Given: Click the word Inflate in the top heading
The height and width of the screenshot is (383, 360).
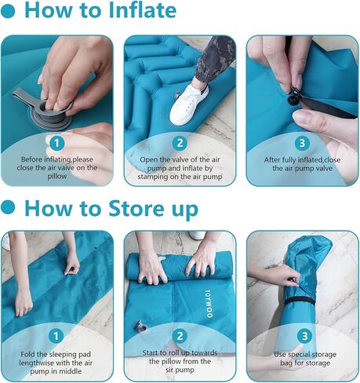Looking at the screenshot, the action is pyautogui.click(x=143, y=10).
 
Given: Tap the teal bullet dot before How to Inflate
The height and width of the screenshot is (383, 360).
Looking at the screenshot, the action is pyautogui.click(x=8, y=11).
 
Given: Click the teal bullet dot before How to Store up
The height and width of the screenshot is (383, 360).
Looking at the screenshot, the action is pyautogui.click(x=8, y=207).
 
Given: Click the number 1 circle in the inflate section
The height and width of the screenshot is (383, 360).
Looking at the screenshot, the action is pyautogui.click(x=56, y=143).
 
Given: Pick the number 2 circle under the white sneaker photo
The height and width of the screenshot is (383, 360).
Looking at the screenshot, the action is pyautogui.click(x=180, y=143).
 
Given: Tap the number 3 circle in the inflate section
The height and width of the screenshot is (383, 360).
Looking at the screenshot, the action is pyautogui.click(x=302, y=143).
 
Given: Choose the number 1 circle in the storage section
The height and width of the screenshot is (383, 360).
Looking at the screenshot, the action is pyautogui.click(x=56, y=336).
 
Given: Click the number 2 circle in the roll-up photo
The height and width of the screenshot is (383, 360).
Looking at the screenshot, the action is pyautogui.click(x=180, y=336).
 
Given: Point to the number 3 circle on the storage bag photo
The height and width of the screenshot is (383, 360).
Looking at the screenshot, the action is pyautogui.click(x=305, y=336).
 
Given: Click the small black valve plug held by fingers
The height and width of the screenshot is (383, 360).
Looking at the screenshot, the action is pyautogui.click(x=293, y=99).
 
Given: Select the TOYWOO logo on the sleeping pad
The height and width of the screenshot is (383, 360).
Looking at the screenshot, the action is pyautogui.click(x=209, y=303).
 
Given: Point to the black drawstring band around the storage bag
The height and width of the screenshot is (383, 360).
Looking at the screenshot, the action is pyautogui.click(x=300, y=301).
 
